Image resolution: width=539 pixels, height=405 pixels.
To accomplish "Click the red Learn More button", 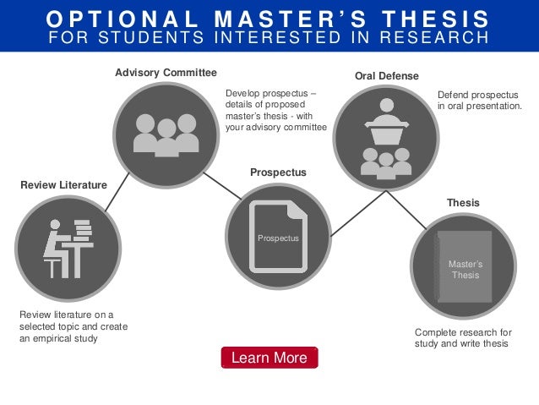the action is tap(269, 358).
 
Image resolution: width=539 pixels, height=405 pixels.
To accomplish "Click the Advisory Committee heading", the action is tap(166, 73).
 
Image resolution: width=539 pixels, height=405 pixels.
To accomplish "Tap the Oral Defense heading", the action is tap(386, 76).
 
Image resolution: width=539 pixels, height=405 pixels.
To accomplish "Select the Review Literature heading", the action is tap(63, 184).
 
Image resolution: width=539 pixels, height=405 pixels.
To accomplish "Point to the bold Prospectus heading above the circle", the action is tap(278, 172).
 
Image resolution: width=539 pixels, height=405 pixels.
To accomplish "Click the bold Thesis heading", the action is tap(462, 203).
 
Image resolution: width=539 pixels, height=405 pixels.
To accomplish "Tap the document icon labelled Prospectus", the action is tap(278, 237).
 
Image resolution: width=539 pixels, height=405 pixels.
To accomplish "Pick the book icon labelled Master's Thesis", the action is tap(464, 267).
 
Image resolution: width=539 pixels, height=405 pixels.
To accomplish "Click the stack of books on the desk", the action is tap(82, 229).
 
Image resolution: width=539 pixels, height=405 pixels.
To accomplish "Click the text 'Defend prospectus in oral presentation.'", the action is tap(479, 101).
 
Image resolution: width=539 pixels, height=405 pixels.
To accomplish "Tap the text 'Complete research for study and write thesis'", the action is tap(463, 337).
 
